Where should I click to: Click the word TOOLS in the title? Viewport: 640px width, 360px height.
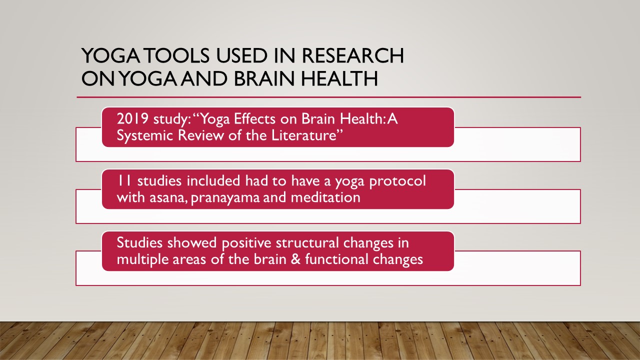click(x=177, y=55)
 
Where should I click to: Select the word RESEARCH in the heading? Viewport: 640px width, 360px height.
click(x=352, y=55)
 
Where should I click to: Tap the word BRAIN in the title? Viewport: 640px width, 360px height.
click(x=264, y=78)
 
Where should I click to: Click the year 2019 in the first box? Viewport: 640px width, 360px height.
click(x=132, y=118)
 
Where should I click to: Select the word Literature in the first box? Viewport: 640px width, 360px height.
click(x=307, y=135)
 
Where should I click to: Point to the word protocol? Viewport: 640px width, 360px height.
click(x=397, y=181)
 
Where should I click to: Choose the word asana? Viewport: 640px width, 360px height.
click(x=168, y=197)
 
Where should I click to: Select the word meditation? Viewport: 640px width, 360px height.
click(x=325, y=197)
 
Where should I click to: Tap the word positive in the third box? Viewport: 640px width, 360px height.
click(x=246, y=243)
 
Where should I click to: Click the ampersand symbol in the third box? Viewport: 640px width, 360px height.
click(x=296, y=259)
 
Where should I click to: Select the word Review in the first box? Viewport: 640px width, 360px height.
click(x=200, y=135)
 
